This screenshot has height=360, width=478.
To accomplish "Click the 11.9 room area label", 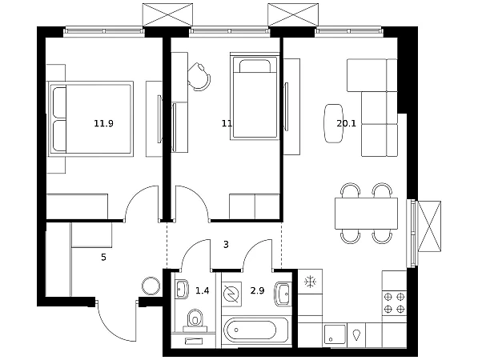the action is (103, 123).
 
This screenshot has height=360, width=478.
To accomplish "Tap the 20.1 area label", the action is (347, 123).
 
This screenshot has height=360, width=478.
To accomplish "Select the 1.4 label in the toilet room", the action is (202, 291).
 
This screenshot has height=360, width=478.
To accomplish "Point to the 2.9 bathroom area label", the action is (257, 291).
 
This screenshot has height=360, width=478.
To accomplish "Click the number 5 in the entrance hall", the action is (103, 258).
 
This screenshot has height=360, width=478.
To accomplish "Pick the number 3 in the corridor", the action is (226, 244).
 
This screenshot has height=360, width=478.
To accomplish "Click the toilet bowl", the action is (195, 319).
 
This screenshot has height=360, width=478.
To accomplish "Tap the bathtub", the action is (255, 332).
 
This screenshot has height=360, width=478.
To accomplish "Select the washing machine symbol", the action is (231, 294).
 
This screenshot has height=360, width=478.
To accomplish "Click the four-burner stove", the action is (394, 303).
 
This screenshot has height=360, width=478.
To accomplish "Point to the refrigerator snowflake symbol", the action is (310, 282).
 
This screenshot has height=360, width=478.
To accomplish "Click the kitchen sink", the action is (335, 334).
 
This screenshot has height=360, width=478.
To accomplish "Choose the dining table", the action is (366, 214).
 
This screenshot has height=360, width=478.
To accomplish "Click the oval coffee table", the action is (333, 123).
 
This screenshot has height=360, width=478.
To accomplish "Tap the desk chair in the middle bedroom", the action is (199, 77).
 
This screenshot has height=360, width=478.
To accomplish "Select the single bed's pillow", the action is (255, 66).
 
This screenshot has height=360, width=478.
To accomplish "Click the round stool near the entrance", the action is (151, 286).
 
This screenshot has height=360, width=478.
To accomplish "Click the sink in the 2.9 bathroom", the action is (283, 294).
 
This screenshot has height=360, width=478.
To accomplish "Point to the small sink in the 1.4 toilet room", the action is (182, 289).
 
